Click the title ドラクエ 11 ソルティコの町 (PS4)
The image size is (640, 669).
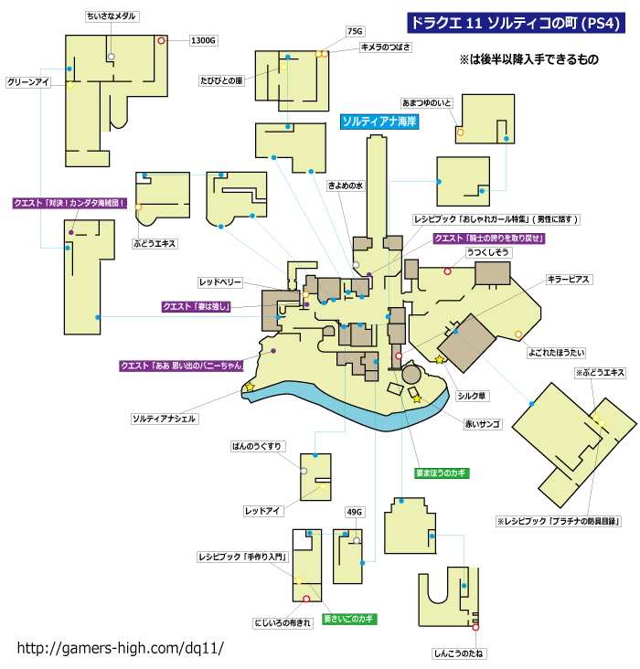pos(516,23)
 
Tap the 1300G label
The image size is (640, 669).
pos(203,40)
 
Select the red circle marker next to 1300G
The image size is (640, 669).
pos(161,40)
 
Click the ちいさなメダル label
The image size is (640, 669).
pos(112,16)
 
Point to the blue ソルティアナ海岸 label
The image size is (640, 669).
pos(379,122)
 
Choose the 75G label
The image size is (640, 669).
pos(355,31)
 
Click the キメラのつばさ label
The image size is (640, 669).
pos(386,47)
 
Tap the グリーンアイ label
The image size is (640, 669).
pos(27,82)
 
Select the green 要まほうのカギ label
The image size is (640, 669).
pos(442,473)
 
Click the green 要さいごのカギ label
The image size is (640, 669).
pos(349,619)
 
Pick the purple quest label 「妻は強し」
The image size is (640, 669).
pos(197,306)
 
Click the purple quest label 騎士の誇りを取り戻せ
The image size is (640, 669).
pos(489,238)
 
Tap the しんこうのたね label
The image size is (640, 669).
pos(459,653)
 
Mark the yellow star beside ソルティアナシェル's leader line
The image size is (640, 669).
pos(250,387)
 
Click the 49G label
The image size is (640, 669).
pos(355,512)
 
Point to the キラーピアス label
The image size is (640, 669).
pos(569,280)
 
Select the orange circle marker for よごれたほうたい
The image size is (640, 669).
pos(517,334)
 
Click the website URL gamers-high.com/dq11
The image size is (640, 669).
pos(121,648)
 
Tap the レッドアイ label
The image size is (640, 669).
pos(262,511)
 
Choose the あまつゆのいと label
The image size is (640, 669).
pos(427,103)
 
